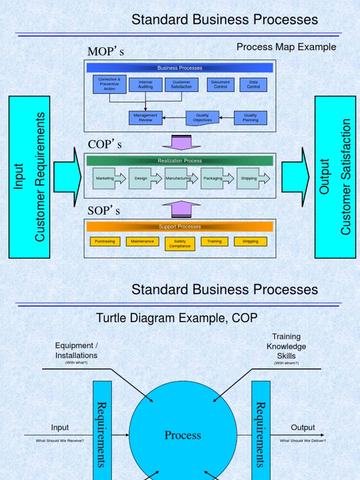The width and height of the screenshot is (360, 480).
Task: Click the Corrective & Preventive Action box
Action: [109, 84]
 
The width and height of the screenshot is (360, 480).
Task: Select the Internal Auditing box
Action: [145, 85]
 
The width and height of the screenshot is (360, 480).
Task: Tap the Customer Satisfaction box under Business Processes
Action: [181, 85]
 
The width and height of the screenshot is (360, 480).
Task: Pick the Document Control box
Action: [220, 85]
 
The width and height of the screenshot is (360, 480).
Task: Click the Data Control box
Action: [253, 85]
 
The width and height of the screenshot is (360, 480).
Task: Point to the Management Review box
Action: [145, 118]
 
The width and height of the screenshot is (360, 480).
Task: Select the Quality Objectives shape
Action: [202, 118]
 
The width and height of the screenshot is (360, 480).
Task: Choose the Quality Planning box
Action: [250, 118]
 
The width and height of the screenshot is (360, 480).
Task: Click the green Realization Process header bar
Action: [180, 161]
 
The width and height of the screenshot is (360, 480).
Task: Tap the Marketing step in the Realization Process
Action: [105, 179]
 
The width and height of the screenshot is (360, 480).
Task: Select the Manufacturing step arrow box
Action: [179, 179]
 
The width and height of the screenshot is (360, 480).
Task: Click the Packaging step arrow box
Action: [214, 179]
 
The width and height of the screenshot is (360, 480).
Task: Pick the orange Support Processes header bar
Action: [180, 227]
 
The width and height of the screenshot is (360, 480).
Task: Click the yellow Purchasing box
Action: [105, 241]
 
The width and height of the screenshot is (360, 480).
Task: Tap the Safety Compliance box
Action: [180, 244]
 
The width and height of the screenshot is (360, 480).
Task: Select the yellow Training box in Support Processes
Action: [214, 241]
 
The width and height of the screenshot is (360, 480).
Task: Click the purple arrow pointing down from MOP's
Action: [180, 142]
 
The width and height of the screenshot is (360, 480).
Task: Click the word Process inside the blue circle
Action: [183, 435]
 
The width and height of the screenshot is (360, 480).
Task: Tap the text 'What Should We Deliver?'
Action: [303, 441]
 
